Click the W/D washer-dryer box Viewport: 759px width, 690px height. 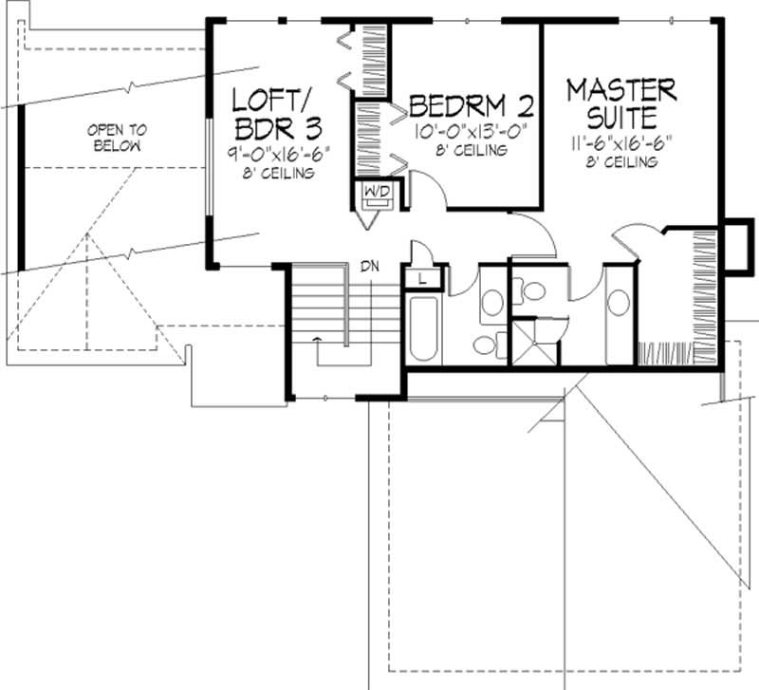pos(371,196)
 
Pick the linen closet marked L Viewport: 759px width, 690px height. pos(421,278)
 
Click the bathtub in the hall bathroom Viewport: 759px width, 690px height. pos(423,328)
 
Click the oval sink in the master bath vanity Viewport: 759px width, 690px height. pos(618,303)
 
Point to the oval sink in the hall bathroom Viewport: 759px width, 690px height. pos(491,303)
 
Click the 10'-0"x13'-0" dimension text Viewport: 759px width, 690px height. pos(470,132)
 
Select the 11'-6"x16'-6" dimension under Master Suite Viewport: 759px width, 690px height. pos(620,144)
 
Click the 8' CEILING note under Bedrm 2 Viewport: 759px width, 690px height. pos(471,150)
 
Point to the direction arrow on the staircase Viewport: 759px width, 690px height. pos(317,337)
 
